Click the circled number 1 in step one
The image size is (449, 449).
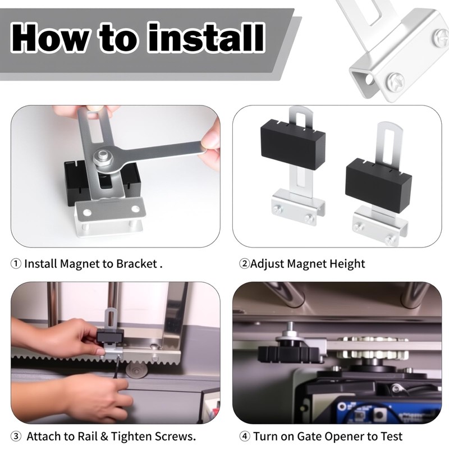click(x=16, y=263)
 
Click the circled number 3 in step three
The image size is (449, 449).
click(x=16, y=436)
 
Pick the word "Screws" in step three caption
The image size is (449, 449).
click(x=175, y=436)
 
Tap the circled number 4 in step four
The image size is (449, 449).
click(x=245, y=436)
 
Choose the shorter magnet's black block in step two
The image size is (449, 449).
click(x=377, y=184)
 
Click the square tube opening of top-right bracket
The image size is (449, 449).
click(x=364, y=79)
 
